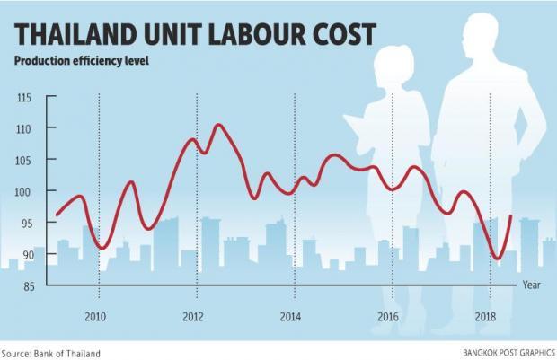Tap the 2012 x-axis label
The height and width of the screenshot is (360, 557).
194,317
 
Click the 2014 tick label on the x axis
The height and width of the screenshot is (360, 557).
290,317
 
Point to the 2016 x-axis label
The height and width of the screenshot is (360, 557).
388,317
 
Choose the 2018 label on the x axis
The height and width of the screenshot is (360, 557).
486,317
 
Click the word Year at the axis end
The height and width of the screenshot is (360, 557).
533,285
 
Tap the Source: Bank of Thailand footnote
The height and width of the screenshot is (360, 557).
51,353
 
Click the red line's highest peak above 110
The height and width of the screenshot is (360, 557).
218,125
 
